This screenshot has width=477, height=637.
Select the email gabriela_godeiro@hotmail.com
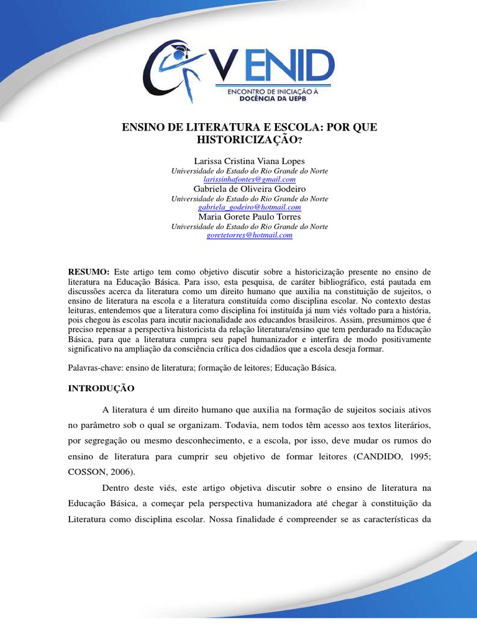[x=249, y=207]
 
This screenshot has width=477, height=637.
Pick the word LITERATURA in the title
[x=192, y=128]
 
